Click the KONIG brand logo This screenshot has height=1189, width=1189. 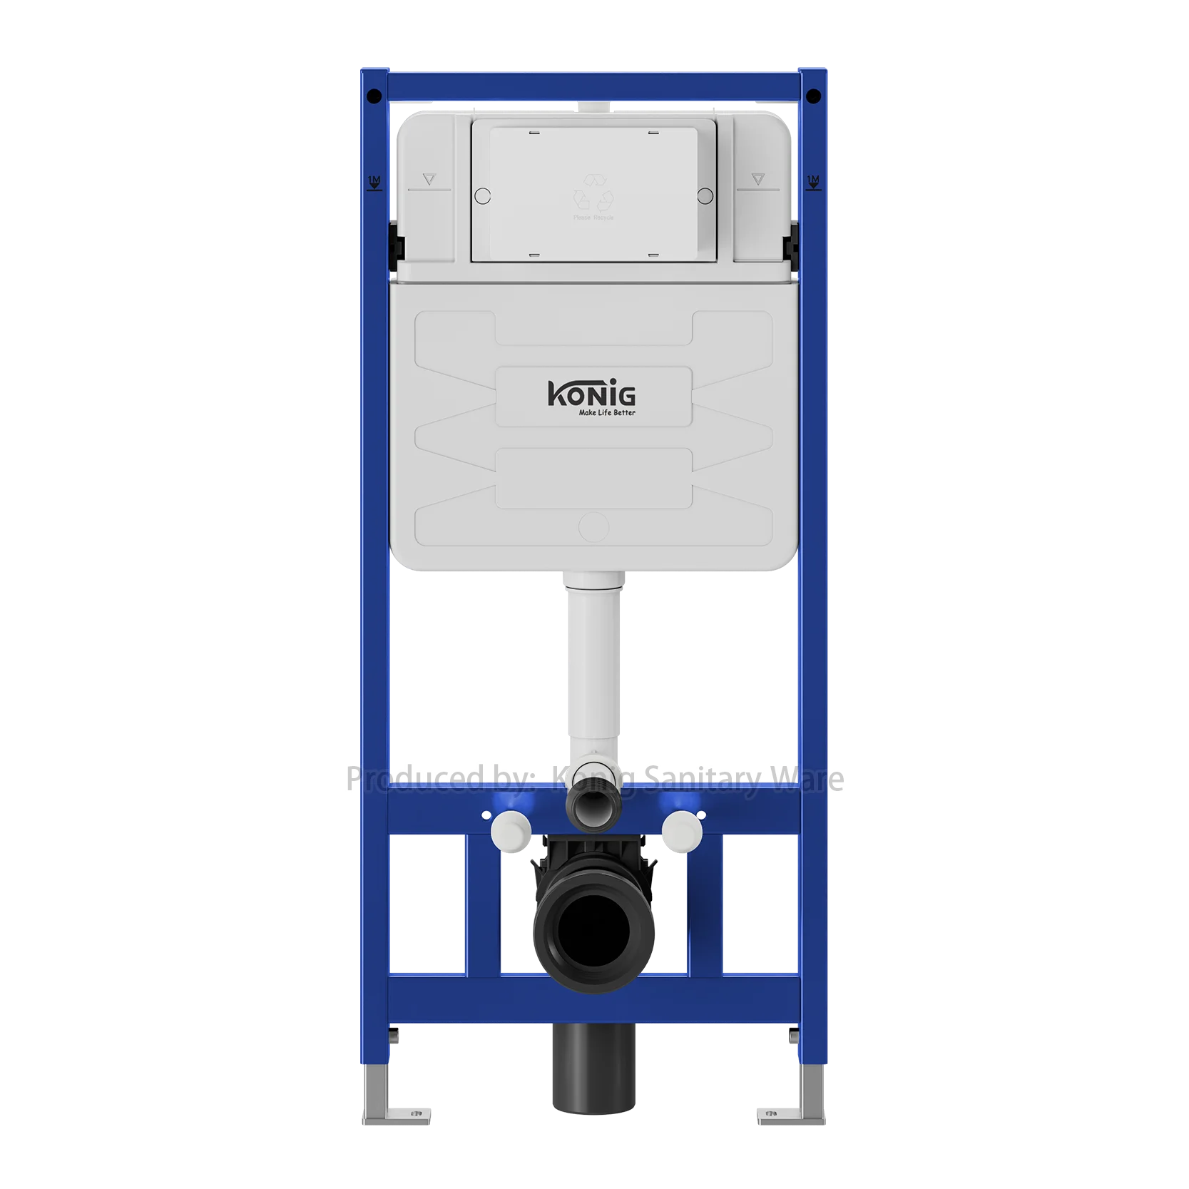[x=591, y=393]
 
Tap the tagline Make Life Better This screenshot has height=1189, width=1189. [x=606, y=412]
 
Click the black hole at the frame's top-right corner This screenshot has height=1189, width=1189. [x=814, y=96]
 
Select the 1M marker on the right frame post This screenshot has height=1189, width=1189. [x=813, y=182]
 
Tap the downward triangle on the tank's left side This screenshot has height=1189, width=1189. [x=429, y=180]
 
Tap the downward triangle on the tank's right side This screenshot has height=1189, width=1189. [x=757, y=180]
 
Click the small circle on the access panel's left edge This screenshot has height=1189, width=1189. [x=482, y=195]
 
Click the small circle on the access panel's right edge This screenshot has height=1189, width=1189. [x=705, y=195]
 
